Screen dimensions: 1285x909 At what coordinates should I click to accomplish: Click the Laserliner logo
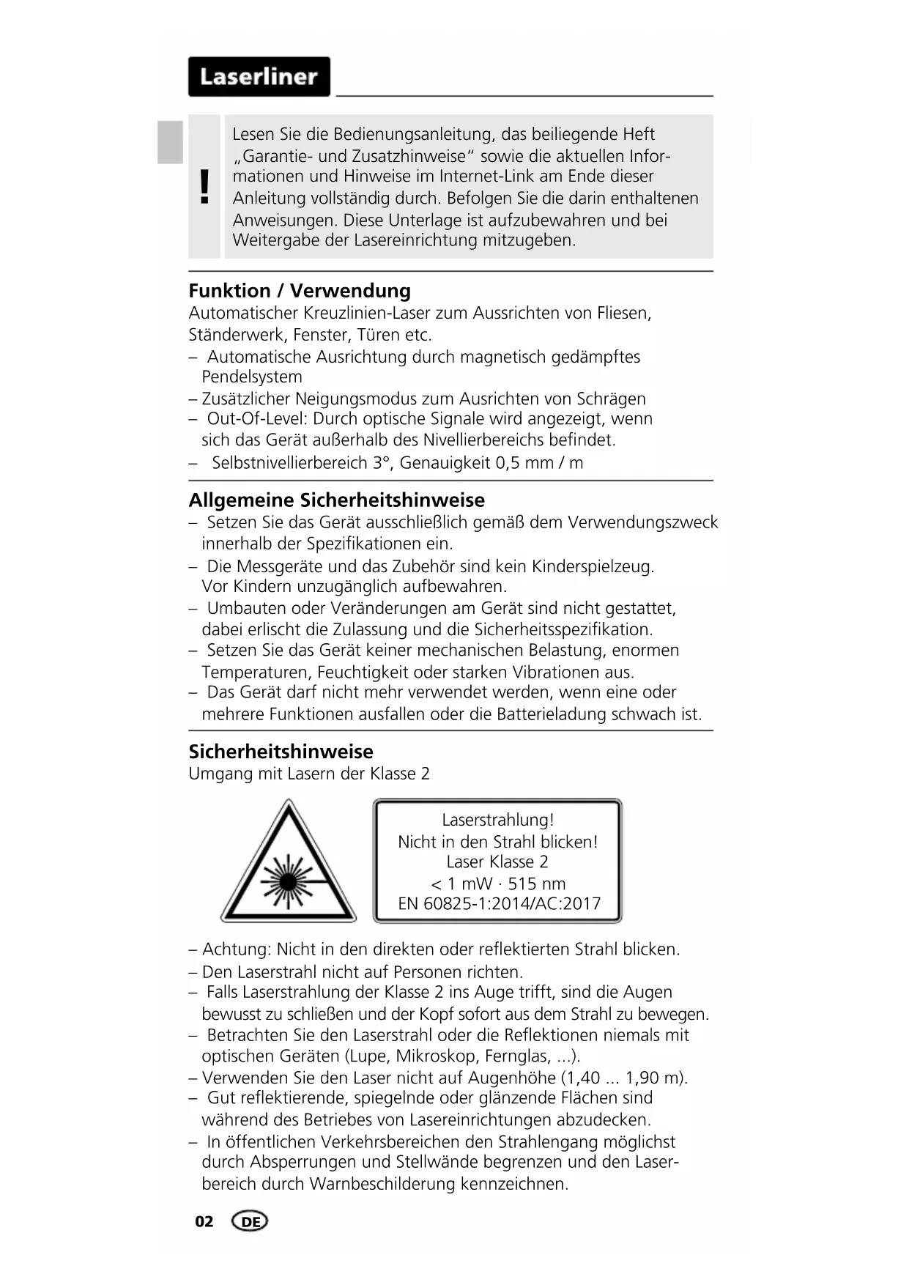coord(259,77)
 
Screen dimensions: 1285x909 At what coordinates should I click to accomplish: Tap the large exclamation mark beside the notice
coord(204,186)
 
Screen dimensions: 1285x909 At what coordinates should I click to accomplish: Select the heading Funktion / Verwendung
coord(300,291)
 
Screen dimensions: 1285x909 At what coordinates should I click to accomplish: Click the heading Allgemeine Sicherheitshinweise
coord(336,500)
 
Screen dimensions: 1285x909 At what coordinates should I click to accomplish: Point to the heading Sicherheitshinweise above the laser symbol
coord(281,752)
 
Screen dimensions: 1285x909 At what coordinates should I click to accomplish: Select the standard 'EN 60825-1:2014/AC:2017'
coord(499,904)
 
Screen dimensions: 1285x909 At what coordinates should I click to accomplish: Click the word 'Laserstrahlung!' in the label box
coord(497,820)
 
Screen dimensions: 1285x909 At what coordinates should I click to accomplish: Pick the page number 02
coord(204,1221)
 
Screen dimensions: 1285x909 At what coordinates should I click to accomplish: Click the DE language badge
coord(250,1221)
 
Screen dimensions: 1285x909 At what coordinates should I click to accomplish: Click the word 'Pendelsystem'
coord(252,377)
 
